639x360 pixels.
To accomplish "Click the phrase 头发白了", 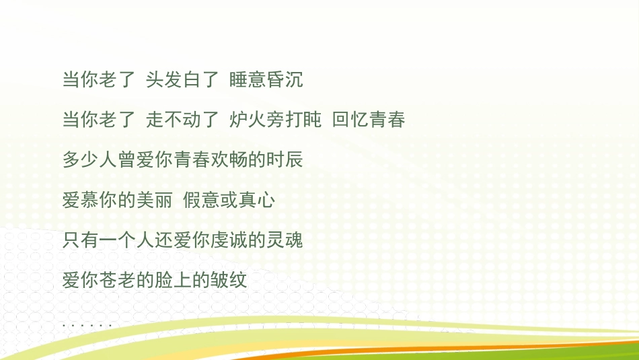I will (x=182, y=80).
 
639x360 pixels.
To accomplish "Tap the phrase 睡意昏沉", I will (x=266, y=80).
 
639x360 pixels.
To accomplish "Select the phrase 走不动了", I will (x=182, y=120).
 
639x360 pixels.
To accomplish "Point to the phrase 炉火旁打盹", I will (x=275, y=120).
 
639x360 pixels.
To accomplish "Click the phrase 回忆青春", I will (x=369, y=120).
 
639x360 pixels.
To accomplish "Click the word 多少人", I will (x=89, y=160).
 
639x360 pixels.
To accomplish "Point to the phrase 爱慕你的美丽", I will (x=117, y=200).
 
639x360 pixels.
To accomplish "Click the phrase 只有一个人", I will (x=108, y=240).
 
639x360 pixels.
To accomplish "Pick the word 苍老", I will (x=117, y=279).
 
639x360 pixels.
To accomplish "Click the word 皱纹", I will (x=229, y=279).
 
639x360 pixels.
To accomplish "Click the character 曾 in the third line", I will (x=126, y=160).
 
